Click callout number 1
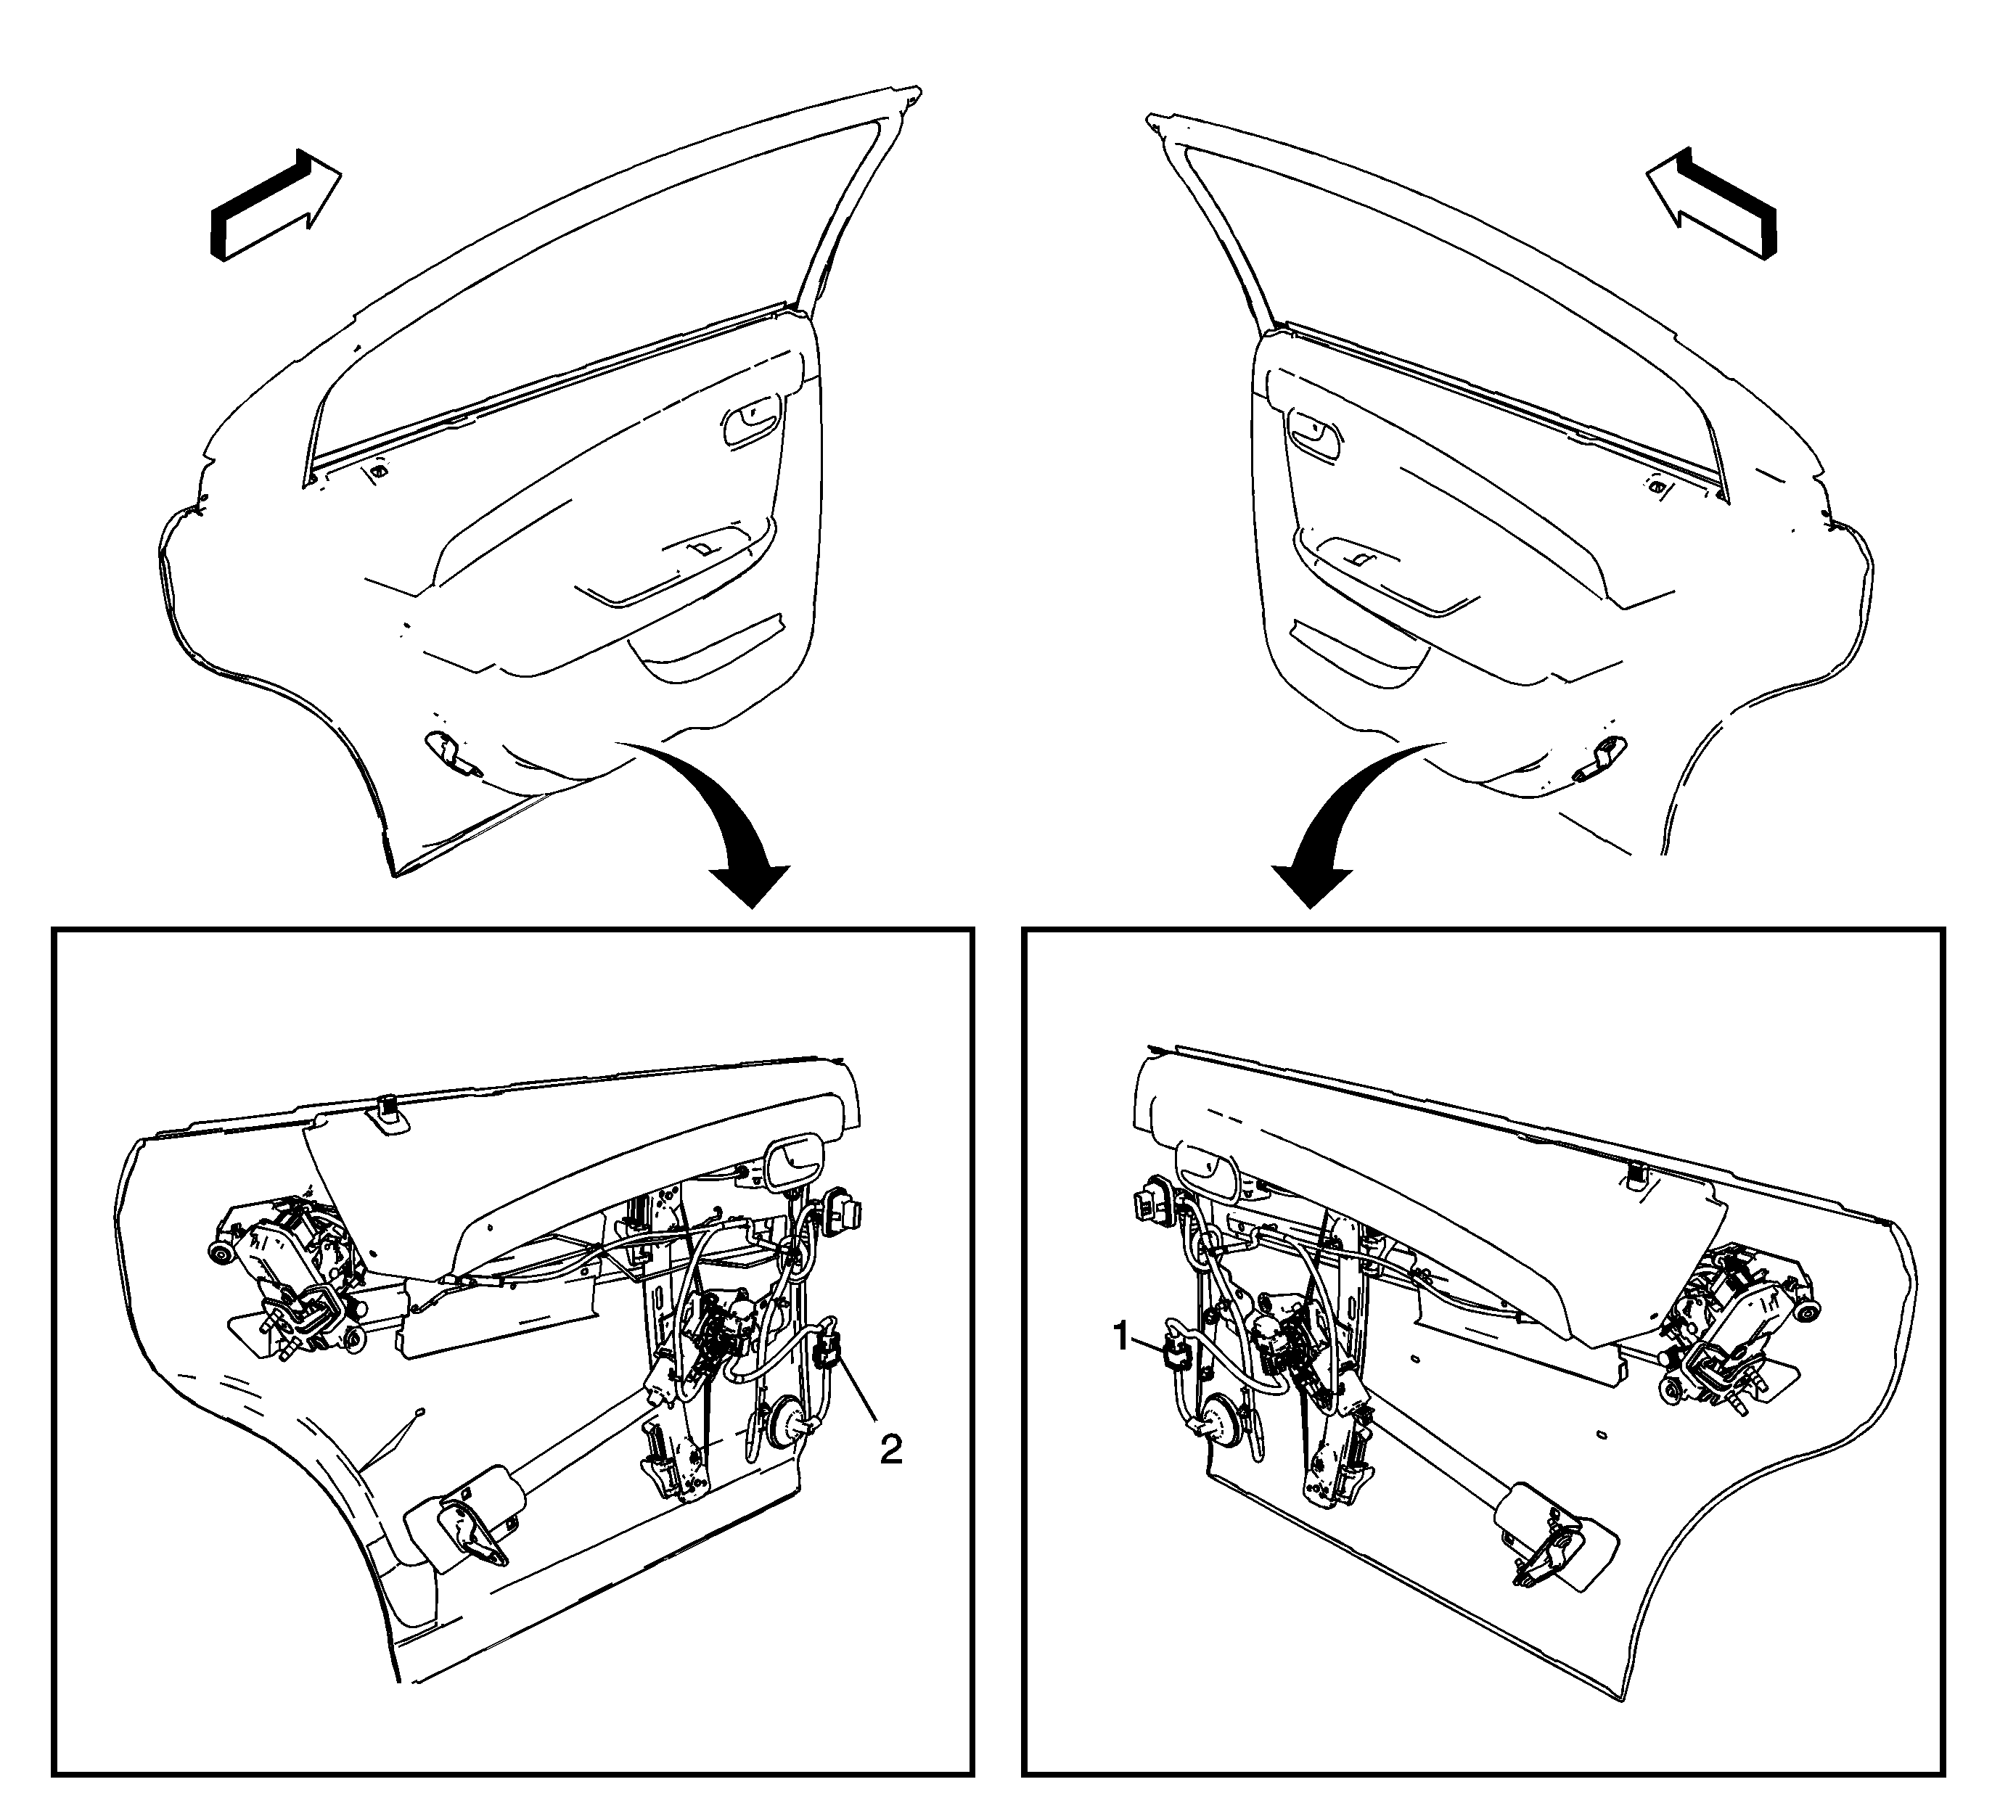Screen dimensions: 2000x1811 click(1122, 1338)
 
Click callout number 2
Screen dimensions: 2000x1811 click(891, 1451)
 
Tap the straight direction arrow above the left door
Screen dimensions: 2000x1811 click(276, 206)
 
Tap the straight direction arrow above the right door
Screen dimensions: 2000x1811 click(1711, 205)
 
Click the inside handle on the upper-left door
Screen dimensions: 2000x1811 click(752, 424)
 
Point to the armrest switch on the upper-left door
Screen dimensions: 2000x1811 click(702, 546)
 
